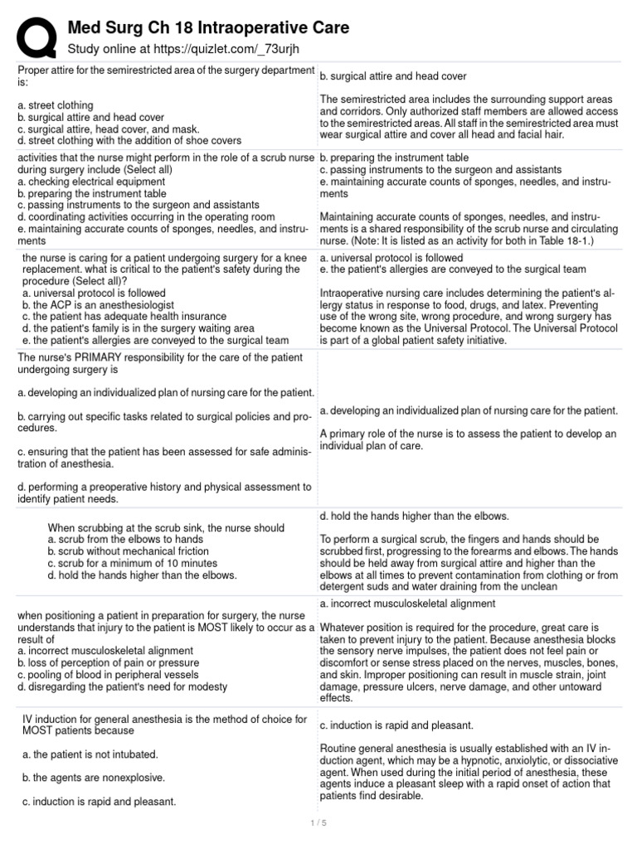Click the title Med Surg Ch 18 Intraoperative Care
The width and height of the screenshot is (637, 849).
(x=208, y=28)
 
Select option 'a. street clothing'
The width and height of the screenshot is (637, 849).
(x=55, y=105)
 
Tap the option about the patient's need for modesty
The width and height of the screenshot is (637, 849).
(x=122, y=686)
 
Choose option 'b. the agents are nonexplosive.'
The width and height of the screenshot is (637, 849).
(x=94, y=778)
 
